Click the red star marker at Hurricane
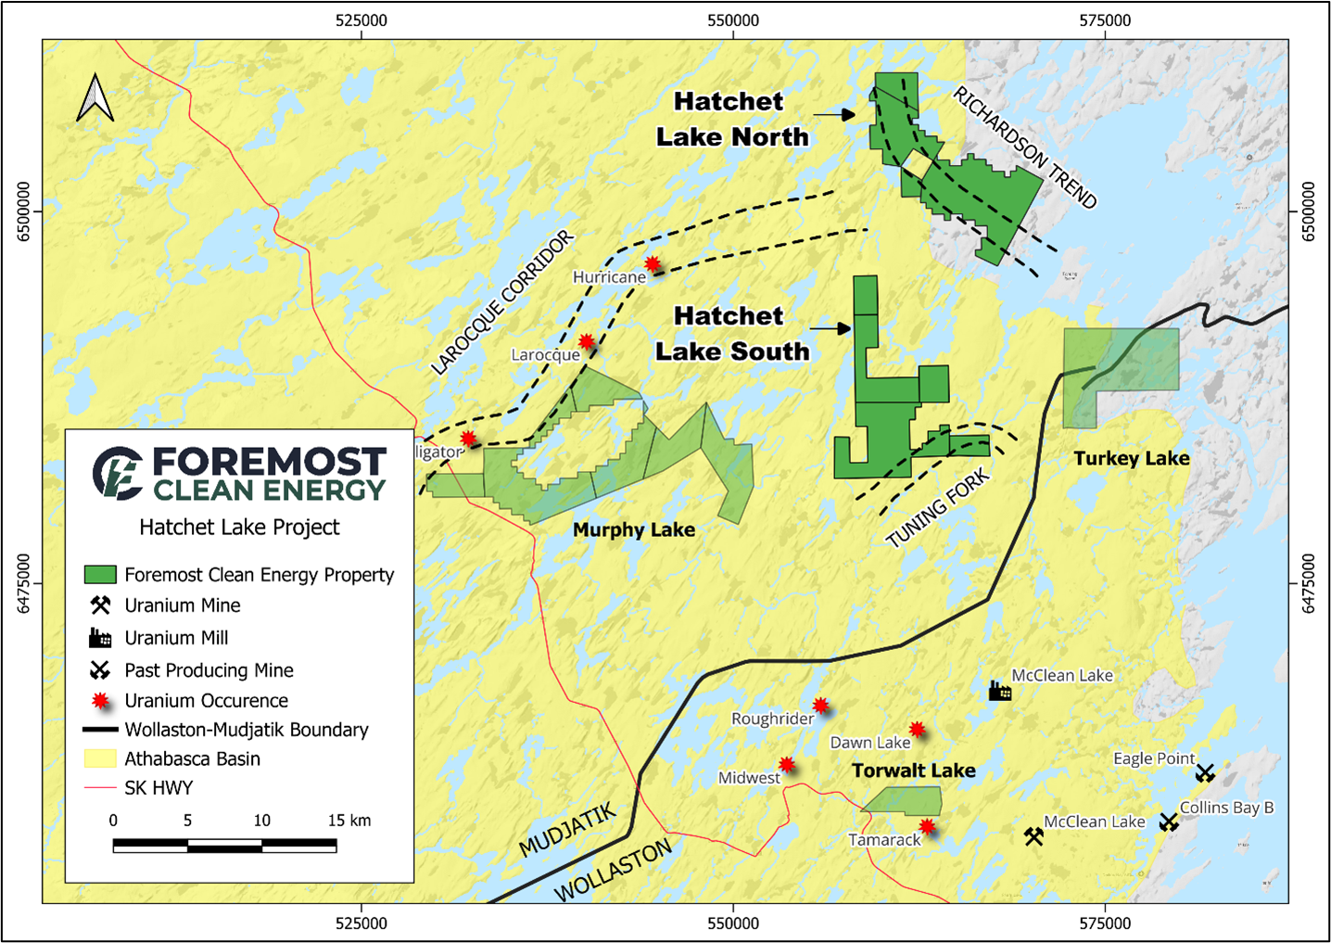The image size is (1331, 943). coord(653,263)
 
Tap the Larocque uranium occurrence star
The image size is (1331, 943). coord(587,341)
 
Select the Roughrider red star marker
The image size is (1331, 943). coord(820,706)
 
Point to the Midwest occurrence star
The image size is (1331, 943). coord(786,765)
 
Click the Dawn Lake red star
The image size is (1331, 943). coord(917,730)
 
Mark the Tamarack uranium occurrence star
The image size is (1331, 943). coord(927,826)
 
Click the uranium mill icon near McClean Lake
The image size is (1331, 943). coord(999,691)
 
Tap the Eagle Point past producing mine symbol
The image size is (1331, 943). coord(1204,772)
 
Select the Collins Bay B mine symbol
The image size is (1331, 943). coord(1169,822)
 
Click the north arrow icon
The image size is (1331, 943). coord(95,98)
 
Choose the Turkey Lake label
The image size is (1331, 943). coord(1131,458)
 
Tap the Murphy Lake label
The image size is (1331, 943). coord(633,529)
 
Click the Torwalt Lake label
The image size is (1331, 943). coord(913,771)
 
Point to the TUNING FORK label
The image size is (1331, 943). coord(937,509)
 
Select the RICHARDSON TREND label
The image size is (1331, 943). coord(1024,148)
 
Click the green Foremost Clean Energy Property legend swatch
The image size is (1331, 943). coord(100,575)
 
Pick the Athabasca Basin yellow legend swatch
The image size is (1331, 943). coord(100,758)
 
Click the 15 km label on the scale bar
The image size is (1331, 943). coord(349,821)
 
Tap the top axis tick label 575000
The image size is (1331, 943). coord(1105,20)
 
